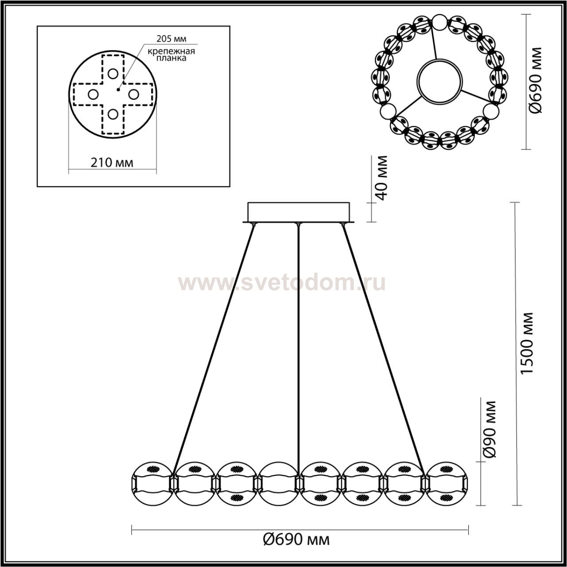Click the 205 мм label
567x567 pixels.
171,39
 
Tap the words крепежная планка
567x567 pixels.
171,55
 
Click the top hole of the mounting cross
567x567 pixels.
113,74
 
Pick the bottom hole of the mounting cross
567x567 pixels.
113,114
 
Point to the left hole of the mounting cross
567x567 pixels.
93,94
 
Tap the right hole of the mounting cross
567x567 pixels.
134,94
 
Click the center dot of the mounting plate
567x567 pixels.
118,89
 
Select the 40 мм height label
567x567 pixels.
382,178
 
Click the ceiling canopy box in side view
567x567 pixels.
299,213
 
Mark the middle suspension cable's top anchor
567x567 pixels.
299,225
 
